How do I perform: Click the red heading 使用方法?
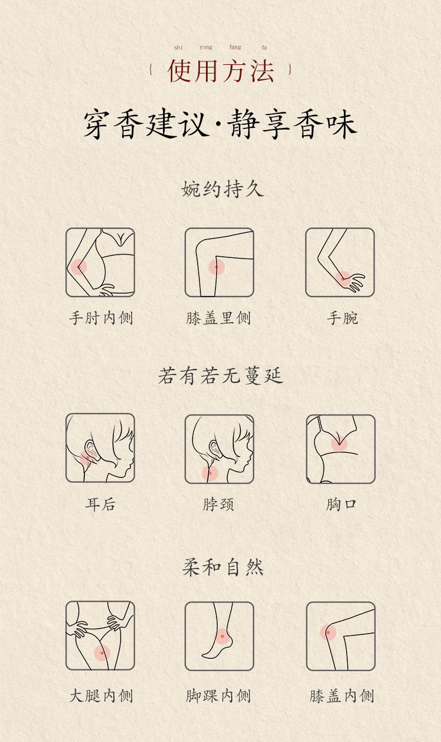pyautogui.click(x=221, y=71)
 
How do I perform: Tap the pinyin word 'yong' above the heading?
pyautogui.click(x=206, y=47)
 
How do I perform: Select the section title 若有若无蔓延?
pyautogui.click(x=221, y=376)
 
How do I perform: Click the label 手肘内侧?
pyautogui.click(x=101, y=318)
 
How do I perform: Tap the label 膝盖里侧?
pyautogui.click(x=219, y=318)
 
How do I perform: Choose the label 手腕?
pyautogui.click(x=342, y=318)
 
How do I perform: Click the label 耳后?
pyautogui.click(x=100, y=505)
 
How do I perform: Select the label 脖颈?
pyautogui.click(x=219, y=505)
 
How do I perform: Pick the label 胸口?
pyautogui.click(x=341, y=505)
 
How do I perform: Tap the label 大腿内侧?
pyautogui.click(x=101, y=696)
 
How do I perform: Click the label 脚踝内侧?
pyautogui.click(x=219, y=696)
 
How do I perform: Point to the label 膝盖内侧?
pyautogui.click(x=341, y=696)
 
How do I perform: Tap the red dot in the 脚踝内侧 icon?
pyautogui.click(x=222, y=636)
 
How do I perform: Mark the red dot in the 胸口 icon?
pyautogui.click(x=339, y=444)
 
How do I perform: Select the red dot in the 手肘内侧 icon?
pyautogui.click(x=79, y=267)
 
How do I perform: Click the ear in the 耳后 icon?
pyautogui.click(x=89, y=449)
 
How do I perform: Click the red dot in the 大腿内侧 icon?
pyautogui.click(x=102, y=653)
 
